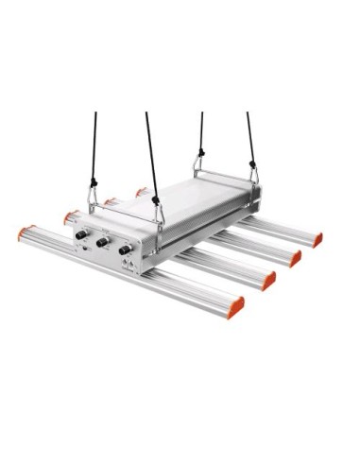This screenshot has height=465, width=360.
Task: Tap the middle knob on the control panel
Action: click(x=102, y=241)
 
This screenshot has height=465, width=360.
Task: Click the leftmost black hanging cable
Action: click(x=94, y=151)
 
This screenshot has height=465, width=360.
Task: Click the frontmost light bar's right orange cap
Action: click(x=235, y=307)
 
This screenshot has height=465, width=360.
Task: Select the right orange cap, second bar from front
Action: click(x=269, y=281)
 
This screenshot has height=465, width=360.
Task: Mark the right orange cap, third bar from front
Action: click(x=295, y=258)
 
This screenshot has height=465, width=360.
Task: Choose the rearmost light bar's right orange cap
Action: click(x=317, y=239)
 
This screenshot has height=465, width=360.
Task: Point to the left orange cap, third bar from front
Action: click(x=111, y=201)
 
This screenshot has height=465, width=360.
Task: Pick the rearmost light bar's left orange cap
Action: click(x=141, y=191)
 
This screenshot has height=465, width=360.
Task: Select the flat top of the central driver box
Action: click(x=189, y=198)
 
